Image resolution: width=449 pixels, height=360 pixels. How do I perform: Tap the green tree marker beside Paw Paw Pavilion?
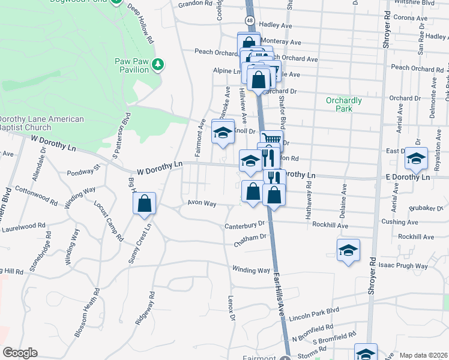point(158,64)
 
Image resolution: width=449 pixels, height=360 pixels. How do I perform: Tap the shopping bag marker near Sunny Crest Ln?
point(145,204)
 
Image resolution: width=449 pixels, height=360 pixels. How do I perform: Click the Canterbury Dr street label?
point(245,226)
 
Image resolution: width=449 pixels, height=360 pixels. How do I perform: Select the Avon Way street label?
point(202,203)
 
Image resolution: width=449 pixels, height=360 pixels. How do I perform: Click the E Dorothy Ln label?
point(408,178)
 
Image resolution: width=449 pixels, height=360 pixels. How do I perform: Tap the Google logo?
point(20,353)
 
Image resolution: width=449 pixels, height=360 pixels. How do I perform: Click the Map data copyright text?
point(423,355)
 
